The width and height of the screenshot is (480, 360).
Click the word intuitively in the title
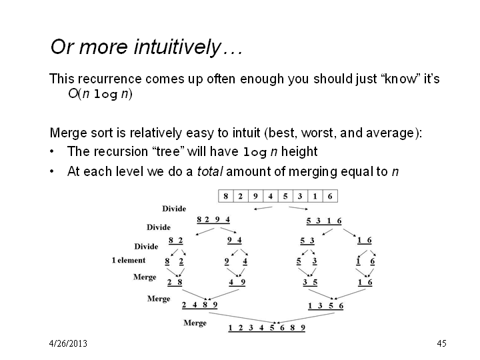(x=177, y=47)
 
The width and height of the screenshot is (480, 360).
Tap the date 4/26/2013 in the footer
(x=68, y=343)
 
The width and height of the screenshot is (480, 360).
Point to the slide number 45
(x=441, y=343)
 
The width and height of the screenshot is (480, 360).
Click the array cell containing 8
(x=225, y=196)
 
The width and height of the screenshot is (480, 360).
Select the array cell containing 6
(x=330, y=196)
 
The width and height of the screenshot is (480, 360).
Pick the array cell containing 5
(x=285, y=196)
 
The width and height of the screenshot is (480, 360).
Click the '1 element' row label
(x=128, y=260)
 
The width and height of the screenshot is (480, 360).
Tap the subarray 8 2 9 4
(x=213, y=220)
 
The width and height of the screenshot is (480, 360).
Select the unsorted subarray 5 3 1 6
(x=324, y=221)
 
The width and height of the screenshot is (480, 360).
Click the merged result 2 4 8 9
(x=199, y=305)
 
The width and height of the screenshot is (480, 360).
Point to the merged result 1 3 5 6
(x=325, y=306)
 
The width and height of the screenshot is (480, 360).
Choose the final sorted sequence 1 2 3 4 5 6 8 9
(x=267, y=328)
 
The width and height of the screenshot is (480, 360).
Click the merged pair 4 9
(x=237, y=282)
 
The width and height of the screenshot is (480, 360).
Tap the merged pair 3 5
(x=310, y=282)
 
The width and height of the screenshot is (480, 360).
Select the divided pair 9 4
(x=234, y=240)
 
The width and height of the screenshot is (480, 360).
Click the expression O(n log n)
(x=100, y=94)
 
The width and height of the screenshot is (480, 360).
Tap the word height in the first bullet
(x=299, y=152)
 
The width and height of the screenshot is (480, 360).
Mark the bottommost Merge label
(x=195, y=323)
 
